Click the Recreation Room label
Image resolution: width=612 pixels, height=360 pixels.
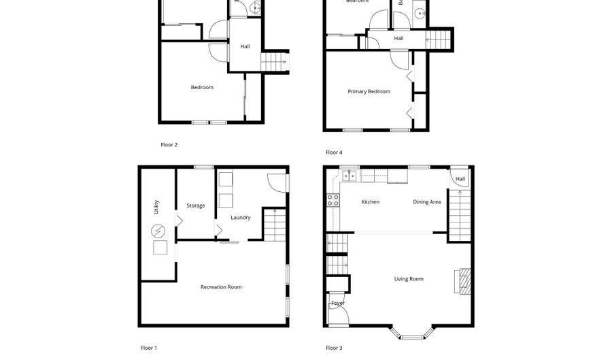pyautogui.click(x=221, y=287)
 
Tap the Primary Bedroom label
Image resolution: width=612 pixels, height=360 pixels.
pyautogui.click(x=369, y=91)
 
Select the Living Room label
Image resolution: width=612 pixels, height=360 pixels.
pyautogui.click(x=409, y=279)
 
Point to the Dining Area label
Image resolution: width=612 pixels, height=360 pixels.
pyautogui.click(x=427, y=202)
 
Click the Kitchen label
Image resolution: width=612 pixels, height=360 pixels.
pyautogui.click(x=370, y=202)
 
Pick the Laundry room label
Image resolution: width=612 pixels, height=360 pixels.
pyautogui.click(x=240, y=218)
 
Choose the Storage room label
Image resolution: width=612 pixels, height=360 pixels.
pyautogui.click(x=196, y=206)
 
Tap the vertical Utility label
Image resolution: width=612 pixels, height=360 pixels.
pyautogui.click(x=156, y=208)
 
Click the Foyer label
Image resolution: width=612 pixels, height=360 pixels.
pyautogui.click(x=337, y=303)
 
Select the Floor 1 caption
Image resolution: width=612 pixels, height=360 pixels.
pyautogui.click(x=149, y=348)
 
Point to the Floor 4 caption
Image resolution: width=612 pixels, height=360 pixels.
pyautogui.click(x=334, y=152)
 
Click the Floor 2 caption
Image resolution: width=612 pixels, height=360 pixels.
pyautogui.click(x=169, y=144)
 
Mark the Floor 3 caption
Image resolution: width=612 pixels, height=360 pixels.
pyautogui.click(x=334, y=348)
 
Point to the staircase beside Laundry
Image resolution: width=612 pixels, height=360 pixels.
pyautogui.click(x=273, y=225)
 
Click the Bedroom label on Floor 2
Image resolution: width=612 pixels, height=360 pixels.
pyautogui.click(x=202, y=87)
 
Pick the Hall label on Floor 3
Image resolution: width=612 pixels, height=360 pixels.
pyautogui.click(x=460, y=179)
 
